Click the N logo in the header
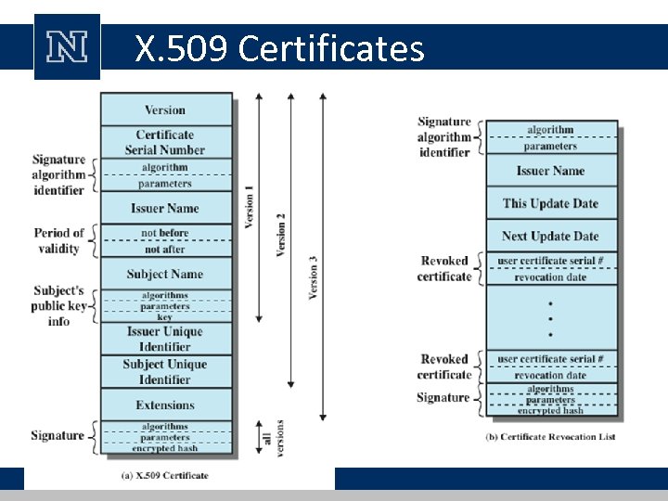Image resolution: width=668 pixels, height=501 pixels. coord(67,47)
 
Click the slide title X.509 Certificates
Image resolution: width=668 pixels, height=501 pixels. coord(279,47)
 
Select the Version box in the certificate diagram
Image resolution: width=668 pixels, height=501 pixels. coord(165,109)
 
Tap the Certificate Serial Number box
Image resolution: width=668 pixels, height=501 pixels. coord(165,142)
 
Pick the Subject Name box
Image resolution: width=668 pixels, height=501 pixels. coord(165,274)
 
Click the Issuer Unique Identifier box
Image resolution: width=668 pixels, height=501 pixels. coord(165,339)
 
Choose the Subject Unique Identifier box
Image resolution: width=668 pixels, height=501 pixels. coord(165,371)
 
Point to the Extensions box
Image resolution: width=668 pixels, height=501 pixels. coord(165,405)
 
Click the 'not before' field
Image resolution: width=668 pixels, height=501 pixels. coord(165,233)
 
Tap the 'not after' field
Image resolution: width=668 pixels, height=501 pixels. coord(165,249)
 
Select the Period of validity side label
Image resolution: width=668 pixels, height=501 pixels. coord(58,240)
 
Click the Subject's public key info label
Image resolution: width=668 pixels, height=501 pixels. coord(58,305)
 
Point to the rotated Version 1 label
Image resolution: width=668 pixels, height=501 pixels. coord(250,207)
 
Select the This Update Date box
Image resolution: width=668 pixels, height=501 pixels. coord(551,203)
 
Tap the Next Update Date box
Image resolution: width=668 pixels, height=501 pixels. coord(551,236)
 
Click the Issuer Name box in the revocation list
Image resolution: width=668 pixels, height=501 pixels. coord(551,171)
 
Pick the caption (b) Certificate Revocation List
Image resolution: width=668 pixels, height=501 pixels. coord(551,437)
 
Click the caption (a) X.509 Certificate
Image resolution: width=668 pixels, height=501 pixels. coord(165,475)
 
